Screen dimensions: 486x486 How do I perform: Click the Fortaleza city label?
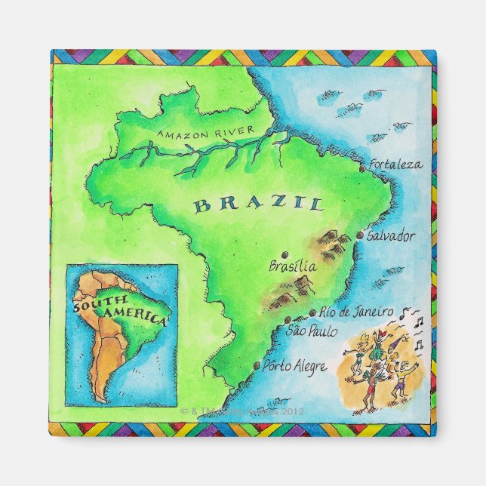point(395,164)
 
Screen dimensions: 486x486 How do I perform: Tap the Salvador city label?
point(390,236)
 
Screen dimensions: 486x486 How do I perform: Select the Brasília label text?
point(293,266)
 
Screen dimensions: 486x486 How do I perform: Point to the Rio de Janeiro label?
point(357,311)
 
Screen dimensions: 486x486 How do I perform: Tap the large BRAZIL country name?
point(257,204)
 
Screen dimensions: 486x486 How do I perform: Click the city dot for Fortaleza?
point(362,170)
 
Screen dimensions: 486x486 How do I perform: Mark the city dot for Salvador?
point(359,236)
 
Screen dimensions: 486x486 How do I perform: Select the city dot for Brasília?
point(285,254)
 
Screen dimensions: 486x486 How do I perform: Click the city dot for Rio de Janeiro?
point(312,313)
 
